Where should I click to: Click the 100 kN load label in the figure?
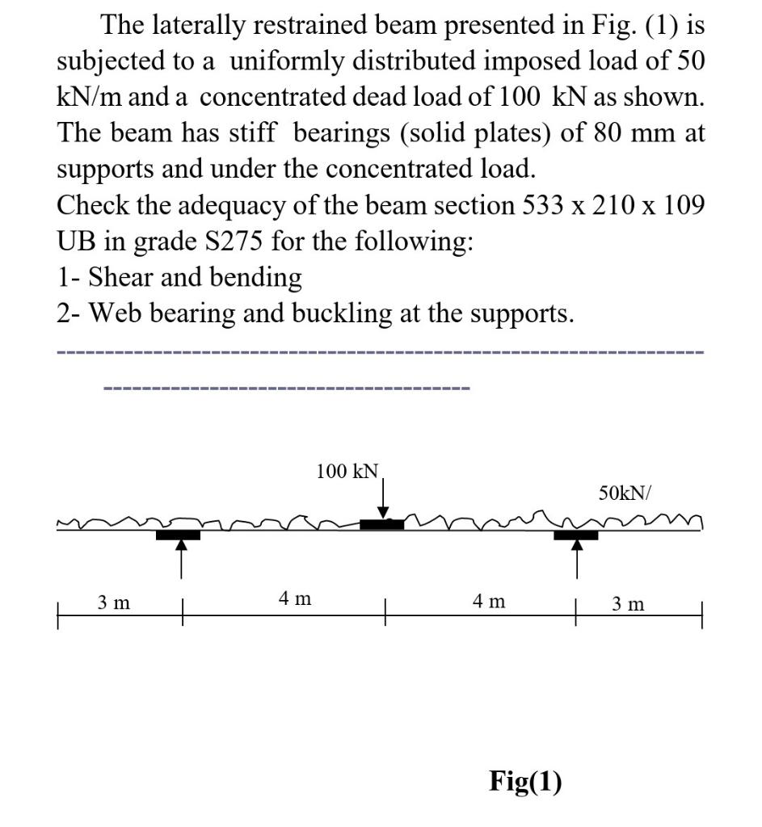[347, 471]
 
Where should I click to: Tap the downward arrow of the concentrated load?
[384, 497]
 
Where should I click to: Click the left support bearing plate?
[179, 534]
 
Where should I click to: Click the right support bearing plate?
[575, 534]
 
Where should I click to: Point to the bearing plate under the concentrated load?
[381, 525]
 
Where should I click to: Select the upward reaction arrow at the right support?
[576, 559]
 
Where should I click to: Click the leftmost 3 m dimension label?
[116, 602]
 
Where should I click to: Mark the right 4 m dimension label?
[488, 602]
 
